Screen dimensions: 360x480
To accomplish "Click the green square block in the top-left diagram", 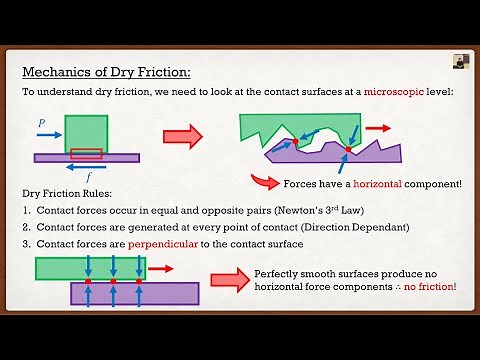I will [85, 134].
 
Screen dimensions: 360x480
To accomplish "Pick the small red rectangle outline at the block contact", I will [85, 153].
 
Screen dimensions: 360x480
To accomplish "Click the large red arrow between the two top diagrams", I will [181, 135].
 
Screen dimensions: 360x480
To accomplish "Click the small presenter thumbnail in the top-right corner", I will [461, 60].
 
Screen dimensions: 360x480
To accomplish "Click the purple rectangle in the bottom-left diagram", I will [135, 293].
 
